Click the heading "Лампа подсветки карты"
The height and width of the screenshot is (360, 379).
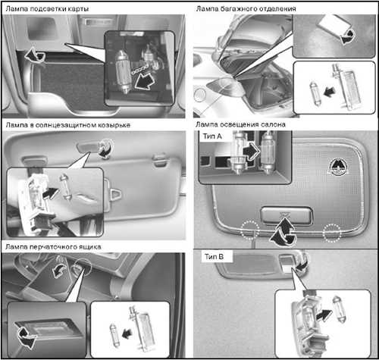pyautogui.click(x=47, y=9)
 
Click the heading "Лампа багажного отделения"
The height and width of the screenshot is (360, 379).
pyautogui.click(x=246, y=8)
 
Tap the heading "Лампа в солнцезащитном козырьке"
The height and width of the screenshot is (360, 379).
pyautogui.click(x=68, y=125)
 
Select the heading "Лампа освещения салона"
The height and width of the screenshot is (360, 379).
pyautogui.click(x=240, y=124)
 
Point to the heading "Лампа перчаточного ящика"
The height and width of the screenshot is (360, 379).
pyautogui.click(x=53, y=246)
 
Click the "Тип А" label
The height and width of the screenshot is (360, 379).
pyautogui.click(x=212, y=136)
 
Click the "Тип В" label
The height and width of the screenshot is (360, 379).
pyautogui.click(x=214, y=257)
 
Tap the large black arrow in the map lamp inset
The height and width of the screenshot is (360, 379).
pyautogui.click(x=144, y=80)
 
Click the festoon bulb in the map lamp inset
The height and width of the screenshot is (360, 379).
pyautogui.click(x=124, y=71)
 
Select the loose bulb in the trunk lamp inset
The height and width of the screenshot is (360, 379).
pyautogui.click(x=315, y=93)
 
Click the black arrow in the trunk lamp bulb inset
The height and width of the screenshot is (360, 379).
pyautogui.click(x=330, y=92)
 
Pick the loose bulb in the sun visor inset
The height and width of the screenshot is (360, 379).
pyautogui.click(x=65, y=187)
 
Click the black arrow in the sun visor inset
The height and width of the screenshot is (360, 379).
pyautogui.click(x=52, y=193)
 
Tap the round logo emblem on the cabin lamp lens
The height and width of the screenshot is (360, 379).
pyautogui.click(x=338, y=167)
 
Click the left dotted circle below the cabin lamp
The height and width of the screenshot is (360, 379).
pyautogui.click(x=250, y=230)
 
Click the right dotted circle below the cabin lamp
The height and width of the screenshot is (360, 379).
pyautogui.click(x=332, y=233)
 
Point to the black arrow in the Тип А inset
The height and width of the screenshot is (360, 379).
pyautogui.click(x=251, y=152)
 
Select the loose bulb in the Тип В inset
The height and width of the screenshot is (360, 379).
pyautogui.click(x=338, y=309)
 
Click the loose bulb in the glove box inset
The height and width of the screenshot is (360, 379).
pyautogui.click(x=114, y=335)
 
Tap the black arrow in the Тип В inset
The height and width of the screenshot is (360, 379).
pyautogui.click(x=324, y=316)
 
